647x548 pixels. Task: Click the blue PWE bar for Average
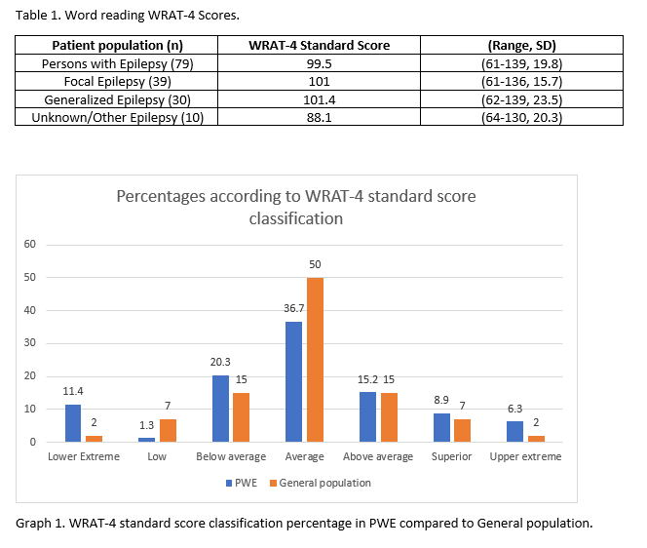pos(293,382)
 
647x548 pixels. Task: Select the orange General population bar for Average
pos(315,360)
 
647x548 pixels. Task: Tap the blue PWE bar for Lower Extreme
pos(73,423)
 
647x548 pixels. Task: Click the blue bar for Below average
pos(220,409)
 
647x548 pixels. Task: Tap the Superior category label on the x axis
pos(452,456)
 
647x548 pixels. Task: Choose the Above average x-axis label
pos(378,456)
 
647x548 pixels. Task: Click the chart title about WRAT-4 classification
pos(296,207)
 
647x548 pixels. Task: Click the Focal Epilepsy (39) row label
pos(118,81)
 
